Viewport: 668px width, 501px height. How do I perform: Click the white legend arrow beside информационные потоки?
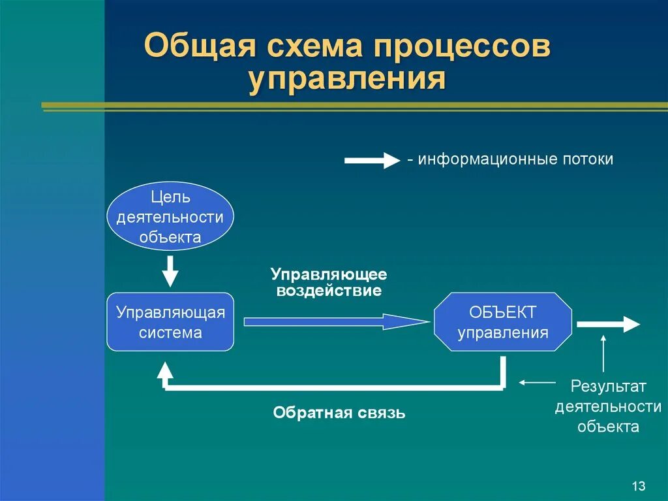tap(371, 160)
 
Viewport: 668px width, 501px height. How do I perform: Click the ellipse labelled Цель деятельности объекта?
tap(170, 216)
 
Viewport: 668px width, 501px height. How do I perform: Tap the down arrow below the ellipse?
tap(170, 270)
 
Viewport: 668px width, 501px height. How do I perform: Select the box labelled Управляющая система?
tap(170, 322)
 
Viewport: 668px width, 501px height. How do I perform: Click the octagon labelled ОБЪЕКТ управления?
tap(503, 322)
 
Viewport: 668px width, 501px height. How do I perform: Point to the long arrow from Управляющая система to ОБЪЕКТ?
tap(336, 321)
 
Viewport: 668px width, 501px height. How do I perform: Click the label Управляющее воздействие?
tap(329, 282)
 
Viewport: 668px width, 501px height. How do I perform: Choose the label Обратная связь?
tap(339, 413)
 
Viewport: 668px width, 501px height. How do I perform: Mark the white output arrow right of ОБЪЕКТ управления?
tap(608, 324)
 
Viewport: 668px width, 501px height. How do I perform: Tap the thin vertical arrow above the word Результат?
tap(603, 353)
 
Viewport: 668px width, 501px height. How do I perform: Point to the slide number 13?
tap(638, 486)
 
